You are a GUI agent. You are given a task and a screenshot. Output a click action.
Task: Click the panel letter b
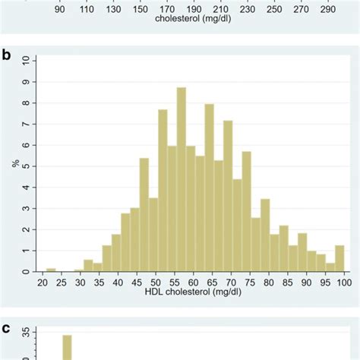point(7,55)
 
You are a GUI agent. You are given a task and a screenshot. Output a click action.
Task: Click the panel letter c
point(7,329)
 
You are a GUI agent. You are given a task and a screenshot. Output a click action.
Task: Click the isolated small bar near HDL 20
point(51,270)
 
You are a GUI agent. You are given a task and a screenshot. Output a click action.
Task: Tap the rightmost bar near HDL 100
point(339,258)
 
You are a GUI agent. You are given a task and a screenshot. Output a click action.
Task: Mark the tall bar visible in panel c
point(67,347)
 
